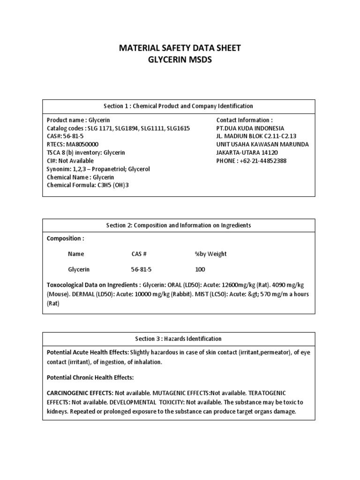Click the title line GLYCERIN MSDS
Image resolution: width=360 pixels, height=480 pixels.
coord(180,60)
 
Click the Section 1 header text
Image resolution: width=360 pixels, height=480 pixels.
coord(180,106)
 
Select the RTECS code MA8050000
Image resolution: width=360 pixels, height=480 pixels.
coord(82,144)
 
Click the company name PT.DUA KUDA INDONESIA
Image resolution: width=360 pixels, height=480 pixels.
coord(250,128)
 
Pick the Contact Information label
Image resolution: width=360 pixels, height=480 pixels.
coord(244,120)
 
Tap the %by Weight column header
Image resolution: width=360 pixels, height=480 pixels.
coord(210,254)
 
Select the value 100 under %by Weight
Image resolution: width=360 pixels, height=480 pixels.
coord(200,270)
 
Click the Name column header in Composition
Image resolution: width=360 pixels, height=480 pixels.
coord(76,254)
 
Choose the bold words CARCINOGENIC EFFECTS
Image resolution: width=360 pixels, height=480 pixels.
coord(79,392)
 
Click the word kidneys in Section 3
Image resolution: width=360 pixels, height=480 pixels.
coord(58,411)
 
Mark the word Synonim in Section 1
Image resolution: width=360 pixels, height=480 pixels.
coord(59,169)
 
